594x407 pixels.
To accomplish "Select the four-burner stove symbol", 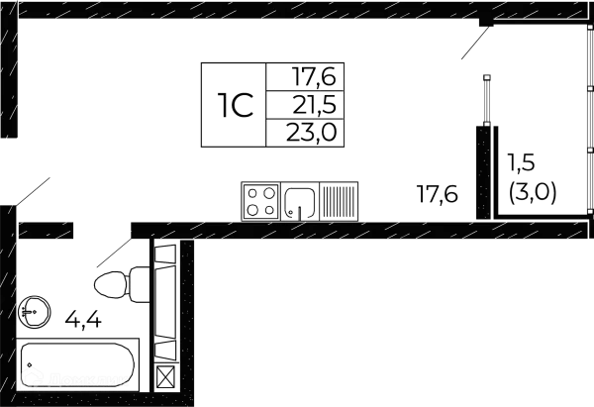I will (261, 201).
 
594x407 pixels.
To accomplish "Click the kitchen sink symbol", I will (303, 202).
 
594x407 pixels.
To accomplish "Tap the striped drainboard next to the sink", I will (340, 202).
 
